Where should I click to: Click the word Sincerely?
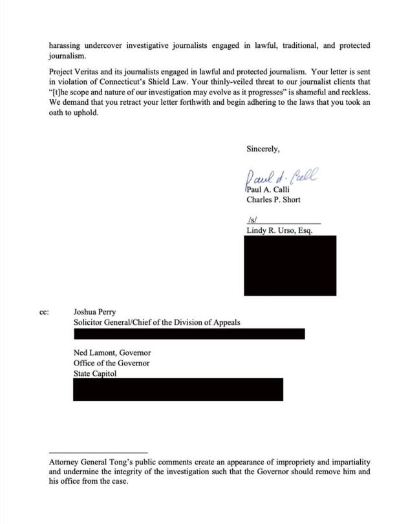click(x=263, y=149)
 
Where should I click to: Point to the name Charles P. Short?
click(x=274, y=200)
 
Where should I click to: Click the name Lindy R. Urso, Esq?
click(x=279, y=230)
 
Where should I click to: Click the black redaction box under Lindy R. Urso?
click(x=290, y=265)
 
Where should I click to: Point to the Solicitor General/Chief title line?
click(x=156, y=322)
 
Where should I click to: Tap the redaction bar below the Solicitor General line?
click(x=189, y=334)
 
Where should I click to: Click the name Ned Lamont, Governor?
click(x=112, y=353)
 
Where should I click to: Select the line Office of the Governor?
click(x=111, y=364)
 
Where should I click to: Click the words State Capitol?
click(x=95, y=374)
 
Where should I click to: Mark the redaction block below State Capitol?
click(x=178, y=389)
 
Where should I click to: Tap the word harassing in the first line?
click(x=67, y=46)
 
